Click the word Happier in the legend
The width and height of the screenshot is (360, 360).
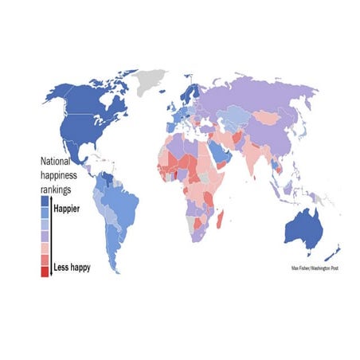pos(70,209)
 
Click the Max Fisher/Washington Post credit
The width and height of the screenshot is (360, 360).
pos(314,268)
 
